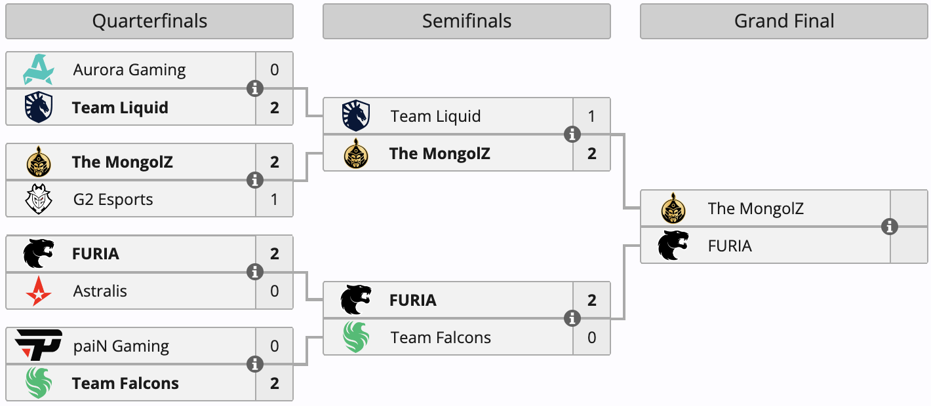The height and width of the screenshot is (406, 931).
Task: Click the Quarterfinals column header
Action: click(149, 21)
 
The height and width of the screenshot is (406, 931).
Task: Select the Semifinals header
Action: click(467, 21)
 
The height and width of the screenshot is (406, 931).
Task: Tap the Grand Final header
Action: click(784, 21)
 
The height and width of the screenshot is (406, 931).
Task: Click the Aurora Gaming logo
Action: click(39, 69)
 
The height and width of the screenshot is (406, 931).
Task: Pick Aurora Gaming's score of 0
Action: click(274, 70)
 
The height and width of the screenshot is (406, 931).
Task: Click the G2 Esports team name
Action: click(113, 200)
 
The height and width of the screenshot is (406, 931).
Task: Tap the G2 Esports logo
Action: click(39, 199)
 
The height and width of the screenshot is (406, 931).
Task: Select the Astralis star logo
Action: click(39, 291)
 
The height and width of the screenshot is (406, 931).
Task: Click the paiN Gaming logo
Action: click(39, 344)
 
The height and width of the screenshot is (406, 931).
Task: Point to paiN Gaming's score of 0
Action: click(274, 346)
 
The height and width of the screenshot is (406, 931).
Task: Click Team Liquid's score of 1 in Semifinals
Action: click(592, 117)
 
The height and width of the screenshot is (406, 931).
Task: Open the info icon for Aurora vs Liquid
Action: click(255, 88)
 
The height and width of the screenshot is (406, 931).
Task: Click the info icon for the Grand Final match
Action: click(890, 227)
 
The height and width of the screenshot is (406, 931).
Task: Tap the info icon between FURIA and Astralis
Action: click(255, 272)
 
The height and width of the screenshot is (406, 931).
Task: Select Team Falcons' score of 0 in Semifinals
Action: click(592, 337)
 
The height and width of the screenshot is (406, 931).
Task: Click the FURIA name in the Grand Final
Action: click(730, 246)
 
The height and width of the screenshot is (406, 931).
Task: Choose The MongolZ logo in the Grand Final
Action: click(673, 208)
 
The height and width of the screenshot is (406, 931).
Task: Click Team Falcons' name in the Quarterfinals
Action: click(125, 383)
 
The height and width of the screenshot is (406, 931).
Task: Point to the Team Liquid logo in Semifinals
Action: click(356, 115)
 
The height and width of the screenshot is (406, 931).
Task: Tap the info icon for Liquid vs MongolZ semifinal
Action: click(572, 134)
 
